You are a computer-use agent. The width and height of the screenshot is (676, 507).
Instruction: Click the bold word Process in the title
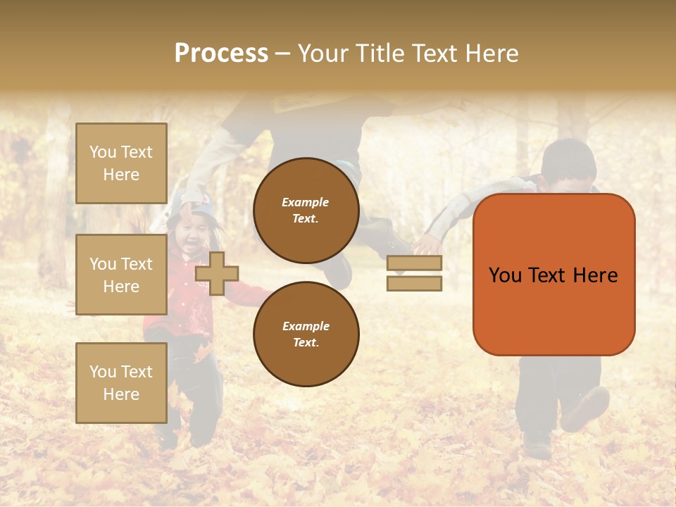click(x=221, y=54)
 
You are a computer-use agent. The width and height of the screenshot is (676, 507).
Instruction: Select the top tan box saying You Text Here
click(x=121, y=163)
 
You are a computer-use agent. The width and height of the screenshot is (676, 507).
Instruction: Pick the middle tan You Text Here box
click(x=121, y=275)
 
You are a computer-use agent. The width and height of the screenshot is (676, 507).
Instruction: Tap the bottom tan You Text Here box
click(x=121, y=383)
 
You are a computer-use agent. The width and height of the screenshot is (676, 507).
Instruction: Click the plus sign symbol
click(x=217, y=273)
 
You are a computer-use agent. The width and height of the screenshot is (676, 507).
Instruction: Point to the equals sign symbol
click(x=414, y=273)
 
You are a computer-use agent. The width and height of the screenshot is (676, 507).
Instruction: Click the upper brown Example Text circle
click(x=306, y=210)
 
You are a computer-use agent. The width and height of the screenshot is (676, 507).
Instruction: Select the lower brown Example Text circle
click(x=306, y=334)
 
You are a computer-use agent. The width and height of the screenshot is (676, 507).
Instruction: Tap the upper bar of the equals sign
click(x=414, y=263)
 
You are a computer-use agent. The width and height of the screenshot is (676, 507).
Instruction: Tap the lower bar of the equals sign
click(x=414, y=284)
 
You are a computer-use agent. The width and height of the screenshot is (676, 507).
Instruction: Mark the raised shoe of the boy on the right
click(x=586, y=409)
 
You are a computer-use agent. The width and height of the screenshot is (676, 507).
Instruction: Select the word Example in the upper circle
click(x=306, y=202)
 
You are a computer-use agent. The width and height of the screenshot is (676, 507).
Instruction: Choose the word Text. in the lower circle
click(x=306, y=342)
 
